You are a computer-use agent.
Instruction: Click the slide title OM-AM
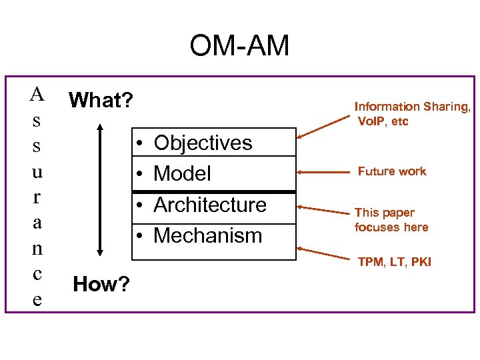pos(239,46)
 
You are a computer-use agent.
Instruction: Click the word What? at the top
pos(101,101)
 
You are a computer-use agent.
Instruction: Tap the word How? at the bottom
pos(101,285)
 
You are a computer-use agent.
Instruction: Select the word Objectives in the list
pos(203,143)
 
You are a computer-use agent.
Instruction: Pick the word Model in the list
pos(182,173)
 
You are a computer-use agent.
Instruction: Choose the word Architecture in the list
pos(209,205)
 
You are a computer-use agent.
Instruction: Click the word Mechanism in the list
pos(207,235)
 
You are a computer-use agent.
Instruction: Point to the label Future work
pos(391,171)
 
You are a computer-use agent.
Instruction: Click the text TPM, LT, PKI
pos(394,262)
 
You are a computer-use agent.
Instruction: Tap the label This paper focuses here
pos(391,220)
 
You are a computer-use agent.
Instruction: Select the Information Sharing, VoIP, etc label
pos(412,114)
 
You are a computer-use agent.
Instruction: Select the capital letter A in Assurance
pos(37,95)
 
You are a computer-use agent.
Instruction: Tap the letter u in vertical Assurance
pos(37,172)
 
